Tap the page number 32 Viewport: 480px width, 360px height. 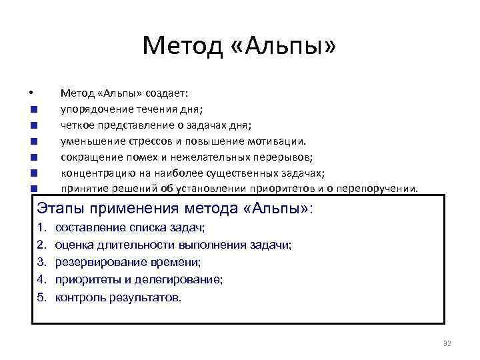pyautogui.click(x=447, y=343)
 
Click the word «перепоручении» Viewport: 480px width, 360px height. pyautogui.click(x=382, y=189)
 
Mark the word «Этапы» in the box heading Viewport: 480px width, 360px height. pyautogui.click(x=59, y=207)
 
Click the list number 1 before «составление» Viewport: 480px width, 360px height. pyautogui.click(x=41, y=228)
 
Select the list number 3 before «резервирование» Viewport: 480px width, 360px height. pyautogui.click(x=41, y=263)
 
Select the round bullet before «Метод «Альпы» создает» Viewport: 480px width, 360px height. pyautogui.click(x=31, y=93)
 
